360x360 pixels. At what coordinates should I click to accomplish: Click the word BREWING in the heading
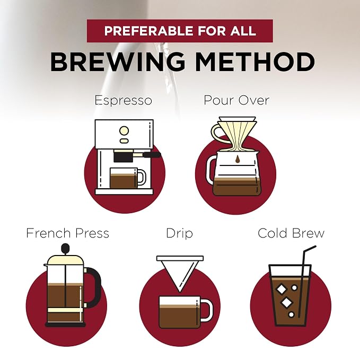(117, 62)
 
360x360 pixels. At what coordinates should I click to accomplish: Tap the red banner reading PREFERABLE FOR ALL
(180, 31)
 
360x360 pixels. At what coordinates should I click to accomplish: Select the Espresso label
(124, 101)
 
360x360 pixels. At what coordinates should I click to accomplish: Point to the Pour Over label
(236, 100)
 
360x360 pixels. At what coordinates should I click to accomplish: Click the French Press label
(67, 233)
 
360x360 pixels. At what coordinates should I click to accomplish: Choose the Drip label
(179, 233)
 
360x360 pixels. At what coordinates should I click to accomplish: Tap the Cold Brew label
(291, 233)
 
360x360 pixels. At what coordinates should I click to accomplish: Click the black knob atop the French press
(65, 248)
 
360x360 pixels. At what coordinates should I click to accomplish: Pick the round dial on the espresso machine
(124, 130)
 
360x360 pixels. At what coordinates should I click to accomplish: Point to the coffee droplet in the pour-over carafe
(238, 159)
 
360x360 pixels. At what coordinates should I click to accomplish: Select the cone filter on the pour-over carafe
(237, 134)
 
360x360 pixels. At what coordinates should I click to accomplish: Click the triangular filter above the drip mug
(180, 273)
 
